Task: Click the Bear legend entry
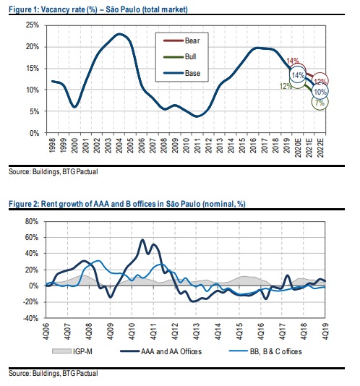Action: point(181,40)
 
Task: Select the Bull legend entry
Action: point(180,56)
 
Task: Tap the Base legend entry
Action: point(182,73)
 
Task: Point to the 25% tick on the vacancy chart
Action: point(33,25)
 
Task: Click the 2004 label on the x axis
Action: point(119,145)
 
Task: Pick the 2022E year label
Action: point(320,147)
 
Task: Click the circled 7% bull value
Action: point(320,102)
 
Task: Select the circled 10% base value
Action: point(320,92)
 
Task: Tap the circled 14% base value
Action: point(298,75)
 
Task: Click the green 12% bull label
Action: point(286,86)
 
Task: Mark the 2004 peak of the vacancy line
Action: point(119,34)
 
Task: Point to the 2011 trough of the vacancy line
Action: point(197,116)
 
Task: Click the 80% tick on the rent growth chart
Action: point(32,222)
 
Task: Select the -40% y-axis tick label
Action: point(30,318)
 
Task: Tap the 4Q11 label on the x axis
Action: point(153,331)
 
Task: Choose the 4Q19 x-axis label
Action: point(325,331)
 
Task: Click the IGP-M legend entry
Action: point(72,351)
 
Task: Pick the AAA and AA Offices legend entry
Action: point(161,351)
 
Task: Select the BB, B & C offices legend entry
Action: point(265,351)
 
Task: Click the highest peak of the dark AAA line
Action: point(142,239)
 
